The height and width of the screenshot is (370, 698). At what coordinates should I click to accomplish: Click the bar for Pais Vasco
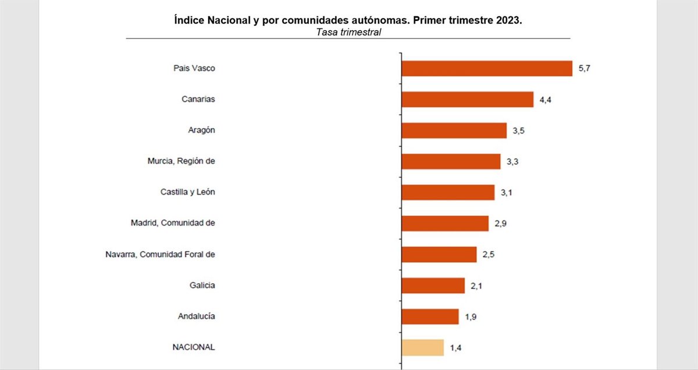click(487, 68)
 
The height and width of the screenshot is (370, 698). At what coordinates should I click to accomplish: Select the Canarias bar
click(468, 99)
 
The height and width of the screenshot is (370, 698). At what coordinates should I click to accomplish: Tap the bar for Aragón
click(454, 130)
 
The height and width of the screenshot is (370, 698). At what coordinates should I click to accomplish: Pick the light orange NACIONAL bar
click(423, 347)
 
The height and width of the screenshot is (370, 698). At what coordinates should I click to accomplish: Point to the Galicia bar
click(433, 286)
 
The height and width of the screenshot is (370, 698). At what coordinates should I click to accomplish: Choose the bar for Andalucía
click(430, 316)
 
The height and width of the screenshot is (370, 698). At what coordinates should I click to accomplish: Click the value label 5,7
click(584, 68)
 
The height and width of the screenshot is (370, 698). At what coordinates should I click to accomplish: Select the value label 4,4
click(545, 100)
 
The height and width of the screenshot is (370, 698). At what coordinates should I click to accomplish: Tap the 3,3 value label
click(512, 161)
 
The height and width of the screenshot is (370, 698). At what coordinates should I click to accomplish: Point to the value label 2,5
click(489, 255)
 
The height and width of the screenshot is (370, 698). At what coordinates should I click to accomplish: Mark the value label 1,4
click(455, 348)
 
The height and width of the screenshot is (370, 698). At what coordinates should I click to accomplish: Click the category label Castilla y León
click(188, 192)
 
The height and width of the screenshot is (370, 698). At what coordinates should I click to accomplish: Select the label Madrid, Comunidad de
click(173, 223)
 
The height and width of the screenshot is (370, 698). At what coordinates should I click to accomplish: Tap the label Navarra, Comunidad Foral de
click(161, 254)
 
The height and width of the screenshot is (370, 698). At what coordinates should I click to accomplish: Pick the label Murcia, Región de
click(181, 161)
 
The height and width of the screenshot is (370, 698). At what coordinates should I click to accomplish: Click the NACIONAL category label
click(194, 347)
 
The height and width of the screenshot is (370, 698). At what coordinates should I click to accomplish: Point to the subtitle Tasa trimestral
click(348, 32)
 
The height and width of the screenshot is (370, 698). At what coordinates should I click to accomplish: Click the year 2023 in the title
click(508, 20)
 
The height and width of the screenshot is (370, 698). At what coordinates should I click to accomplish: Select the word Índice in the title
click(189, 20)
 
